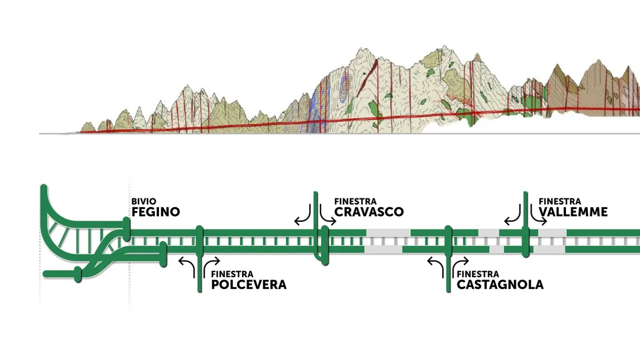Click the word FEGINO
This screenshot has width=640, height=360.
[x=156, y=212]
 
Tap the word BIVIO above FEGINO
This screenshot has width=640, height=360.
[x=143, y=202]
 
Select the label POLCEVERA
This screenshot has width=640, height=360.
[x=249, y=285]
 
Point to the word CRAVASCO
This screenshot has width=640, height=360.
[x=369, y=212]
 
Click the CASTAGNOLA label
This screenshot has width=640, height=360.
[x=500, y=285]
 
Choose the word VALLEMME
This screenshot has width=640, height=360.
[x=573, y=212]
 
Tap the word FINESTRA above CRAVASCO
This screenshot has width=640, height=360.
[x=355, y=202]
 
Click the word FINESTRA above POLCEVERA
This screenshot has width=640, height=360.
[x=233, y=274]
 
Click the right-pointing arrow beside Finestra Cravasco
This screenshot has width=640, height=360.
[x=326, y=217]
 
